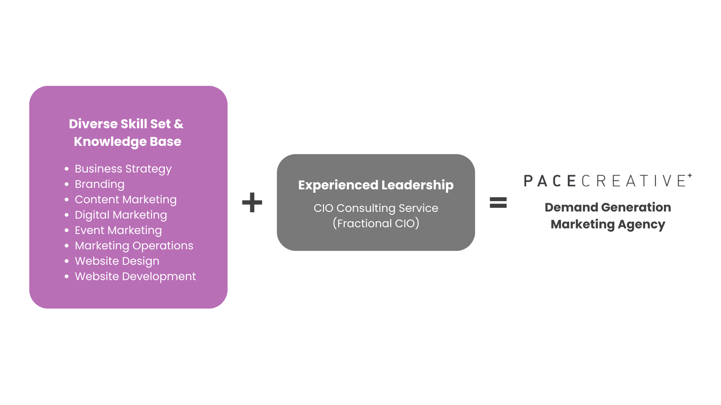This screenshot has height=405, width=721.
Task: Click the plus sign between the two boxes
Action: click(x=252, y=202)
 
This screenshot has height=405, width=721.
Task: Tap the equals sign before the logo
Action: click(x=498, y=202)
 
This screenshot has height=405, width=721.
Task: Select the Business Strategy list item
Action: click(x=123, y=169)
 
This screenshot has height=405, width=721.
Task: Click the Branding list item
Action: click(x=100, y=184)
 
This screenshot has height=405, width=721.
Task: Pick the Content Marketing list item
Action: click(x=126, y=199)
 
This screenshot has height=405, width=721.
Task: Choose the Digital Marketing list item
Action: click(x=121, y=215)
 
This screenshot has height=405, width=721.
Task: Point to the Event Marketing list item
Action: click(x=118, y=230)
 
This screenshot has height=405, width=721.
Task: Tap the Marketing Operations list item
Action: click(x=134, y=246)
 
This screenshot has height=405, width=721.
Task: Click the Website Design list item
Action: click(x=117, y=261)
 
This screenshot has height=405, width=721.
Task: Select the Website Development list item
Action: click(x=135, y=276)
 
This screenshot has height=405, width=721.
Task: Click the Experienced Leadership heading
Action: click(x=376, y=185)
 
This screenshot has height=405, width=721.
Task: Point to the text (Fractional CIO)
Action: click(x=376, y=223)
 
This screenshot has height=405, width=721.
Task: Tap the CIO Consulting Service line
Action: click(x=376, y=208)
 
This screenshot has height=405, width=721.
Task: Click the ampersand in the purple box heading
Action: click(x=179, y=124)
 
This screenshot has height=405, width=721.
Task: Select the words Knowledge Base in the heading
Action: click(x=128, y=141)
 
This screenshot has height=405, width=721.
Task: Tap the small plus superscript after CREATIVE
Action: click(x=690, y=175)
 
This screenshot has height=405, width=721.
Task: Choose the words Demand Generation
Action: click(x=608, y=207)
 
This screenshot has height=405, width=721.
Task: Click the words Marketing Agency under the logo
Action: click(x=608, y=224)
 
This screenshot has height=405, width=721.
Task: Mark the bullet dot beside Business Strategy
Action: click(x=66, y=169)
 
